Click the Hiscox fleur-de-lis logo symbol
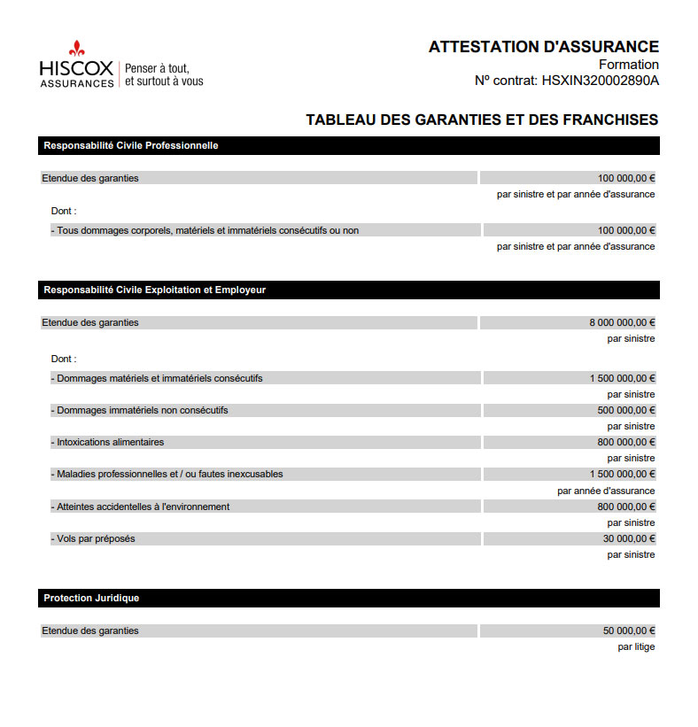pyautogui.click(x=76, y=48)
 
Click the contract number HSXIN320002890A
pyautogui.click(x=600, y=81)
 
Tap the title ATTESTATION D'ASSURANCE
pyautogui.click(x=543, y=47)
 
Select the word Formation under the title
pyautogui.click(x=628, y=65)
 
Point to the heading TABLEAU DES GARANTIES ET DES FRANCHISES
pyautogui.click(x=482, y=120)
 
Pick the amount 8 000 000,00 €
pyautogui.click(x=622, y=322)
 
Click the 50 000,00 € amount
pyautogui.click(x=629, y=630)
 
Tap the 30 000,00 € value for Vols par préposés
pyautogui.click(x=629, y=538)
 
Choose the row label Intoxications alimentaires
pyautogui.click(x=110, y=442)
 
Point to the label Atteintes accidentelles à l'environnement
pyautogui.click(x=143, y=507)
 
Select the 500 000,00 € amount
pyautogui.click(x=626, y=410)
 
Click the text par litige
pyautogui.click(x=636, y=646)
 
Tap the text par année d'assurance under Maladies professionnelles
pyautogui.click(x=606, y=491)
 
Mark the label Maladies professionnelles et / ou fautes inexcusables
pyautogui.click(x=169, y=474)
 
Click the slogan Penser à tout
pyautogui.click(x=157, y=67)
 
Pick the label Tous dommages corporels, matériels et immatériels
pyautogui.click(x=207, y=230)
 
